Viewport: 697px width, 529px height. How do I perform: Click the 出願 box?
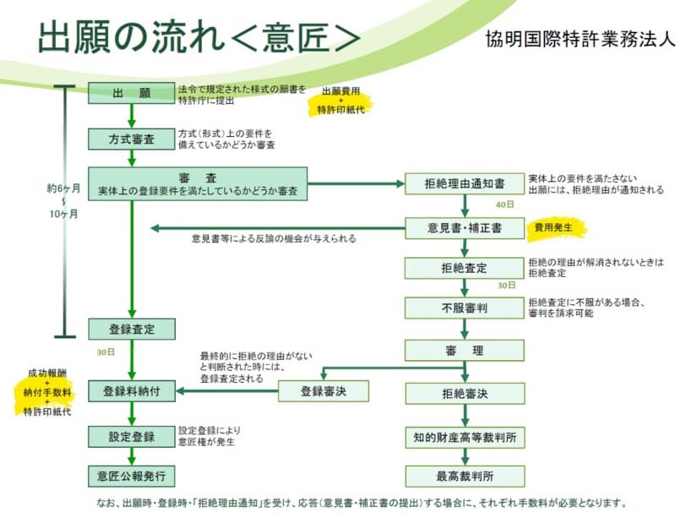point(131,93)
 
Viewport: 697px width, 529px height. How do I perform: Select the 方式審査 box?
point(131,139)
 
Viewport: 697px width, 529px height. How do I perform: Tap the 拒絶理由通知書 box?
point(464,184)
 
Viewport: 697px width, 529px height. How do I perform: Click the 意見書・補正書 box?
point(464,228)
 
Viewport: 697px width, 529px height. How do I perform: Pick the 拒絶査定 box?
point(464,268)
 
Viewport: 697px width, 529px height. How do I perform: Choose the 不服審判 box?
point(464,308)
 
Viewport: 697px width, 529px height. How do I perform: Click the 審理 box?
point(464,350)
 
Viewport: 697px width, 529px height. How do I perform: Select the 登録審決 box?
point(323,391)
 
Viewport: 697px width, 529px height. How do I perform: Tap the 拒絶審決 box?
point(464,394)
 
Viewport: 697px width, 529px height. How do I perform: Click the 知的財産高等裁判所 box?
point(464,437)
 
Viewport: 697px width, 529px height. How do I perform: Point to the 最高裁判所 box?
point(464,475)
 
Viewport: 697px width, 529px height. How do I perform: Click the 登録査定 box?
point(131,329)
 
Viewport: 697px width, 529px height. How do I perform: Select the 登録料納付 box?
point(131,391)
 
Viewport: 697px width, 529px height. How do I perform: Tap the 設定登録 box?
point(131,437)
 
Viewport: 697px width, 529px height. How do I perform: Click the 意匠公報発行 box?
point(131,475)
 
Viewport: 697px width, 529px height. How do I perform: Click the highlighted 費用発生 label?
point(554,228)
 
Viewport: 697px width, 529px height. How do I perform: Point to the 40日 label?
point(504,205)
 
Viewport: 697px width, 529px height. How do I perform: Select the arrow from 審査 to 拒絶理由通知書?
point(356,183)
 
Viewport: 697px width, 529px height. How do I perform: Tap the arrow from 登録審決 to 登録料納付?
point(226,391)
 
